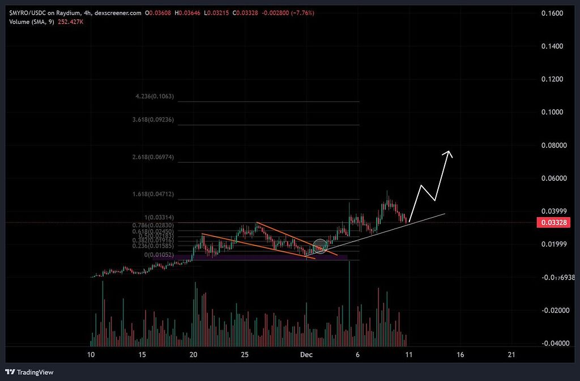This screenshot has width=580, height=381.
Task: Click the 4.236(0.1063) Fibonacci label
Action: [155, 97]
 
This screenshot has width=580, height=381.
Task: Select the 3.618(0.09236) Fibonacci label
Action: [153, 120]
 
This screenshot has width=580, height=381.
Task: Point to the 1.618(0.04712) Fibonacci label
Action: [153, 194]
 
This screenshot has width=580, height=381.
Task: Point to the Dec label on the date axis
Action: [306, 355]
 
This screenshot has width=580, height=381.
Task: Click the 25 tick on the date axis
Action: [245, 355]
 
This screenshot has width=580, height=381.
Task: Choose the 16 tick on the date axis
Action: [460, 355]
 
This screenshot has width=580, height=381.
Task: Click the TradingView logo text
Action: [35, 372]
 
